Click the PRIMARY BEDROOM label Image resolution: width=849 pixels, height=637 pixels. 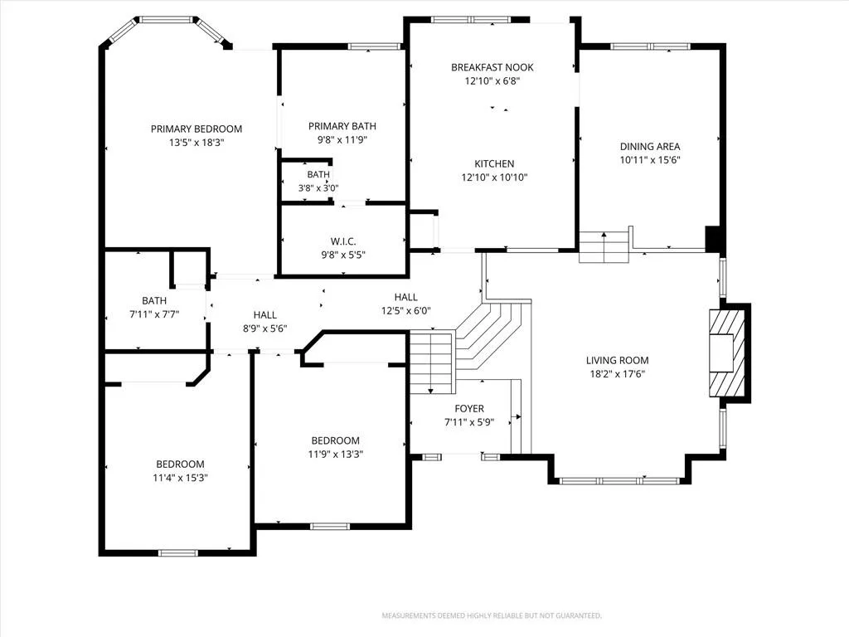click(196, 129)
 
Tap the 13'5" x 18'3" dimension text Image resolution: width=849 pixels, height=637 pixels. click(196, 143)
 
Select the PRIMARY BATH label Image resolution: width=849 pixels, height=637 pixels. click(342, 126)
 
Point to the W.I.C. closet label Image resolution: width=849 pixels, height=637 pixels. click(343, 241)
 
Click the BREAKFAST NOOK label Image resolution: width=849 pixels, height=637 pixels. click(492, 68)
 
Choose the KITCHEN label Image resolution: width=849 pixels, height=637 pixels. click(494, 163)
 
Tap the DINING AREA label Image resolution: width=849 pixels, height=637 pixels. click(650, 146)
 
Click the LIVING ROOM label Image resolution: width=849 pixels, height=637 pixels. click(617, 360)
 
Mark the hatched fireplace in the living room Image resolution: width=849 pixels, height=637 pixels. click(726, 353)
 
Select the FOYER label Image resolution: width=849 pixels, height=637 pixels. click(469, 409)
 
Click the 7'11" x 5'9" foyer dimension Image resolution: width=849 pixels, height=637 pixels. click(469, 422)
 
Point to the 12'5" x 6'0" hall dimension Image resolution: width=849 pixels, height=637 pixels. click(406, 311)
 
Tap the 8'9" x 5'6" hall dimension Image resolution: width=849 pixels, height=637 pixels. click(264, 328)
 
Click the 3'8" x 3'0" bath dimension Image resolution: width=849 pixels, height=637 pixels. click(318, 188)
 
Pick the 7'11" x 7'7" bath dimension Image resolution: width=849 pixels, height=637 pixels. click(154, 314)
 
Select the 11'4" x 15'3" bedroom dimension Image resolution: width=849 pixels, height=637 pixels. click(180, 478)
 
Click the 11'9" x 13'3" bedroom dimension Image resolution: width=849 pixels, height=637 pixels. click(336, 455)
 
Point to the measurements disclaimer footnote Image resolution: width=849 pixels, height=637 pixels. click(492, 616)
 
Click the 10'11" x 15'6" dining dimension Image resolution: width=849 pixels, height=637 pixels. click(650, 160)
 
